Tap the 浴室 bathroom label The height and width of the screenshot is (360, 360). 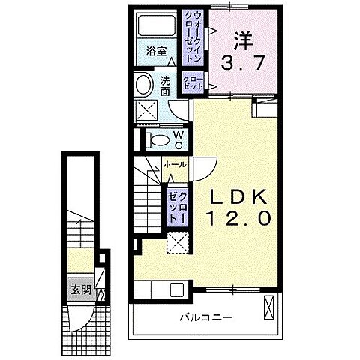click(x=155, y=52)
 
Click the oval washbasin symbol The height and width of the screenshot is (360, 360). click(x=143, y=83)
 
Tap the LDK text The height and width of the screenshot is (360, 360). click(x=238, y=196)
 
